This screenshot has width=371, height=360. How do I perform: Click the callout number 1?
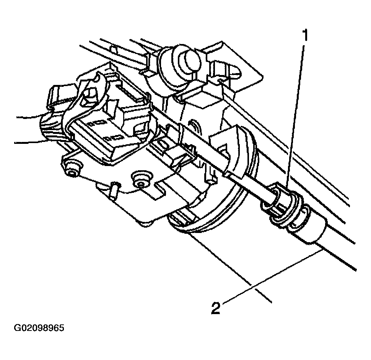pos(305,35)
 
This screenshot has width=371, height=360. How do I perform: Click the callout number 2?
pos(216,308)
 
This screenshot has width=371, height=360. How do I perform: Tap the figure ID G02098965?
pos(39,328)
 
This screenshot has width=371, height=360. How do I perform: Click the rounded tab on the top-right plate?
pos(227,68)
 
